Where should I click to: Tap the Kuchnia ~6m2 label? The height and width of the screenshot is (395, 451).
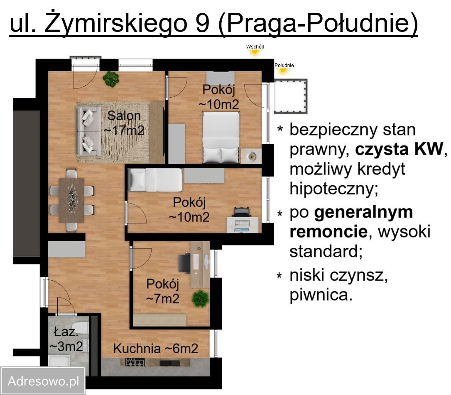156,349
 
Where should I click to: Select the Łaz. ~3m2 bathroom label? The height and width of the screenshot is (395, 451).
66,339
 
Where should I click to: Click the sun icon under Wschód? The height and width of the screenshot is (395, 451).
254,53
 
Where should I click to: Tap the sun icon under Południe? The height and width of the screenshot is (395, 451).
283,71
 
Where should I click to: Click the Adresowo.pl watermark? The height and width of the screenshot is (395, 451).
43,381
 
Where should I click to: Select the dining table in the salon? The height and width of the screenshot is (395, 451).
71,200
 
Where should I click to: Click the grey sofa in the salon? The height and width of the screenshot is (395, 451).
88,131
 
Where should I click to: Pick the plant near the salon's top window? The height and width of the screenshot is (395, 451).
111,79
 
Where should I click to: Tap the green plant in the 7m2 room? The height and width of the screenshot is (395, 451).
201,298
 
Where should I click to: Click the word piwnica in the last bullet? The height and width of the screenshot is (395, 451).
320,294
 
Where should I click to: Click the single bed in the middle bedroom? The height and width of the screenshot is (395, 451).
154,180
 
